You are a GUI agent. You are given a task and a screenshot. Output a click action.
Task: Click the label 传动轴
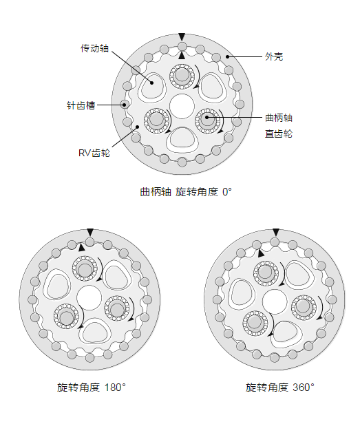point(95,48)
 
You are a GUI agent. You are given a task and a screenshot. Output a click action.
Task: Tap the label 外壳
point(274,56)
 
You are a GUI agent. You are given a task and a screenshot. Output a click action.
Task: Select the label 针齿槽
point(81,105)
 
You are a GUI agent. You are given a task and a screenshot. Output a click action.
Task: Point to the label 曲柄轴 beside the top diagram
point(279,118)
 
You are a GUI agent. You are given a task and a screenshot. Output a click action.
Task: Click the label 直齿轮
point(279,134)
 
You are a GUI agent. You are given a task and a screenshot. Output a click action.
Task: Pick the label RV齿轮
point(94,153)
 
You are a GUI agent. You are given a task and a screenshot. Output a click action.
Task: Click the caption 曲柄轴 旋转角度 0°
point(186,192)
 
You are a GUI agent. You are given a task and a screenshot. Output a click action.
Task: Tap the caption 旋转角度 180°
point(92,388)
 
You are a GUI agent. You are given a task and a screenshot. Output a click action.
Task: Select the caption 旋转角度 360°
point(280,388)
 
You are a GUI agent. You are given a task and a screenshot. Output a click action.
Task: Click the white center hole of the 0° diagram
point(182,107)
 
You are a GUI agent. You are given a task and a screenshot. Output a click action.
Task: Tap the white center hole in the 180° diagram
point(89,298)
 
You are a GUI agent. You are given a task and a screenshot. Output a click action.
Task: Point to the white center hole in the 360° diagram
point(275,301)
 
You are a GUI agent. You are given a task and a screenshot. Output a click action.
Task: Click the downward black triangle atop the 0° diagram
point(182,36)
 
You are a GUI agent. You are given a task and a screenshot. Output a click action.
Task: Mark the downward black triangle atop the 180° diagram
point(90,232)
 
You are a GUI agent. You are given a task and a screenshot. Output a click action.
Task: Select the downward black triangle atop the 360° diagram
point(275,232)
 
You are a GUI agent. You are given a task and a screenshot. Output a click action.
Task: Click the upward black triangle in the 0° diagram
point(182,56)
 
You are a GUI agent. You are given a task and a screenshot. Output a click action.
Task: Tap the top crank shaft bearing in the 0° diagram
point(182,76)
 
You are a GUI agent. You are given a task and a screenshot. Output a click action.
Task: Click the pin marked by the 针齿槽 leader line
point(125,105)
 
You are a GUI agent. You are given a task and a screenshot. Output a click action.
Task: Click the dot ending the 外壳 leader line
point(228,56)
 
